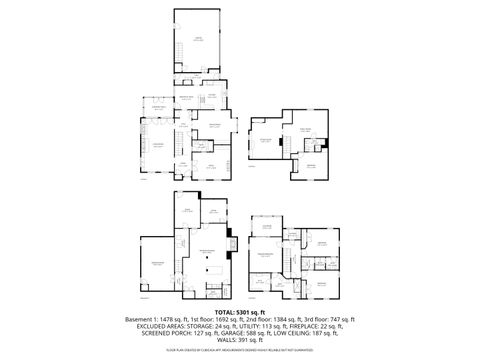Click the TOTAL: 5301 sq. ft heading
[239, 311]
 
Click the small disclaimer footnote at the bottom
[240, 352]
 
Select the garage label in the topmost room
[198, 37]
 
